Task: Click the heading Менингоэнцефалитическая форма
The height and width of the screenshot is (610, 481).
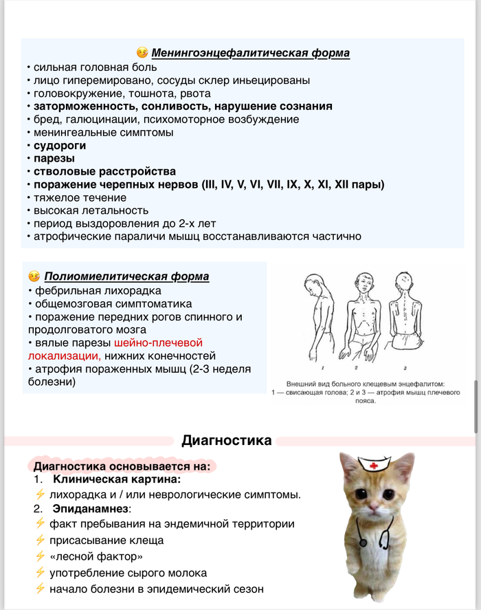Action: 250,53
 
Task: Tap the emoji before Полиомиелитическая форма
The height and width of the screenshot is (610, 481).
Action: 34,276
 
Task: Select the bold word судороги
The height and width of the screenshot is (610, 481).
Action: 60,145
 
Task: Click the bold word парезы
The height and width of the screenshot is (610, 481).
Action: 54,158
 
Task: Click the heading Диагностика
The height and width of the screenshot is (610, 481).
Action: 227,440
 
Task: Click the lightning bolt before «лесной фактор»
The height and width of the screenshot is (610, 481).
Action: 40,556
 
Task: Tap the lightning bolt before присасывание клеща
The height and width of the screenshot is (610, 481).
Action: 40,540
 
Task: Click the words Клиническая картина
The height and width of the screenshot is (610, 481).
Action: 117,479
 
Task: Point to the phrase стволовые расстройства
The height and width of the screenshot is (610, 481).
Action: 104,171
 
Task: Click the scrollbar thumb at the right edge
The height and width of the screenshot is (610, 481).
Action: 476,406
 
